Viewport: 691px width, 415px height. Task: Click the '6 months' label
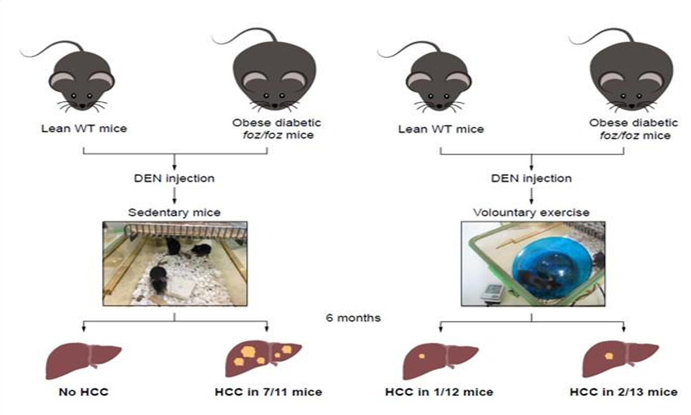tap(353, 318)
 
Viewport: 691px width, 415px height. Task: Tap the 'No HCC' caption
tap(83, 392)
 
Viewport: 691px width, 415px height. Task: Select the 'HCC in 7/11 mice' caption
tap(268, 392)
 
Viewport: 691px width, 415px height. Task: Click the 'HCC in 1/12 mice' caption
tap(439, 392)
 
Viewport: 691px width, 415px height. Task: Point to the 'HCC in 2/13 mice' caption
tap(623, 392)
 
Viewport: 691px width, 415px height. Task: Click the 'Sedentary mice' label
tap(174, 213)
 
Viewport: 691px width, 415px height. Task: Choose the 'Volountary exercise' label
tap(531, 213)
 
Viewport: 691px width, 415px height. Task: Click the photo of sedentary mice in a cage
tap(175, 263)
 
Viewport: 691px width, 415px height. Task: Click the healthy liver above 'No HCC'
tap(83, 360)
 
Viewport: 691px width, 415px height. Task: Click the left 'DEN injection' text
tap(174, 178)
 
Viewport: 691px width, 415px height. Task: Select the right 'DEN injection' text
tap(531, 178)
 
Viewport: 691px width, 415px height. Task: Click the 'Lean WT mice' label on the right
tap(441, 129)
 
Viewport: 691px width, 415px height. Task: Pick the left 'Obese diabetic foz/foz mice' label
tap(276, 129)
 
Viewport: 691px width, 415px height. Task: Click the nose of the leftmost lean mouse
tap(82, 106)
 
